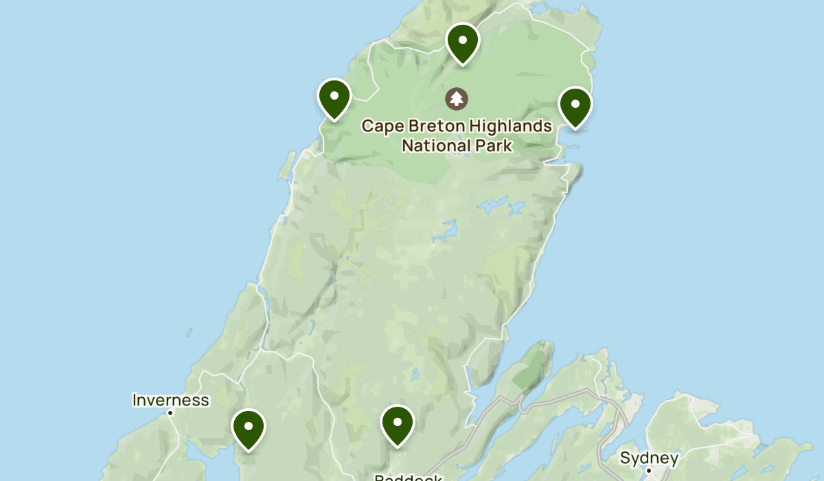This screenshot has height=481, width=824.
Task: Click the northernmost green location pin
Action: click(x=462, y=43)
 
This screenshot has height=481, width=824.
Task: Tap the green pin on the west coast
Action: click(x=334, y=99)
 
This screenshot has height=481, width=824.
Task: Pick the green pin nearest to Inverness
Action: click(x=249, y=429)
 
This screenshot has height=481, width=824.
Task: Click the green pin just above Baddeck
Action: click(x=397, y=425)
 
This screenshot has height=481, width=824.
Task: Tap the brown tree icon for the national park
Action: click(x=456, y=98)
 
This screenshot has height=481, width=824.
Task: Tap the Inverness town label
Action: click(x=170, y=400)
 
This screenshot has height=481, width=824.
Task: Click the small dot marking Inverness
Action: click(x=170, y=412)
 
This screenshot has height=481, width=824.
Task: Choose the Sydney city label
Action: click(x=649, y=458)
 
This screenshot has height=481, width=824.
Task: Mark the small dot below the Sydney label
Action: click(x=649, y=471)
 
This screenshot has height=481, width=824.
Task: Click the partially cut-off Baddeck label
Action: click(x=408, y=477)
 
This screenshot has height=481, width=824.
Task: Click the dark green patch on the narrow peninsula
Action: click(x=529, y=368)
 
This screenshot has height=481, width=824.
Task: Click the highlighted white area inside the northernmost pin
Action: click(x=462, y=40)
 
